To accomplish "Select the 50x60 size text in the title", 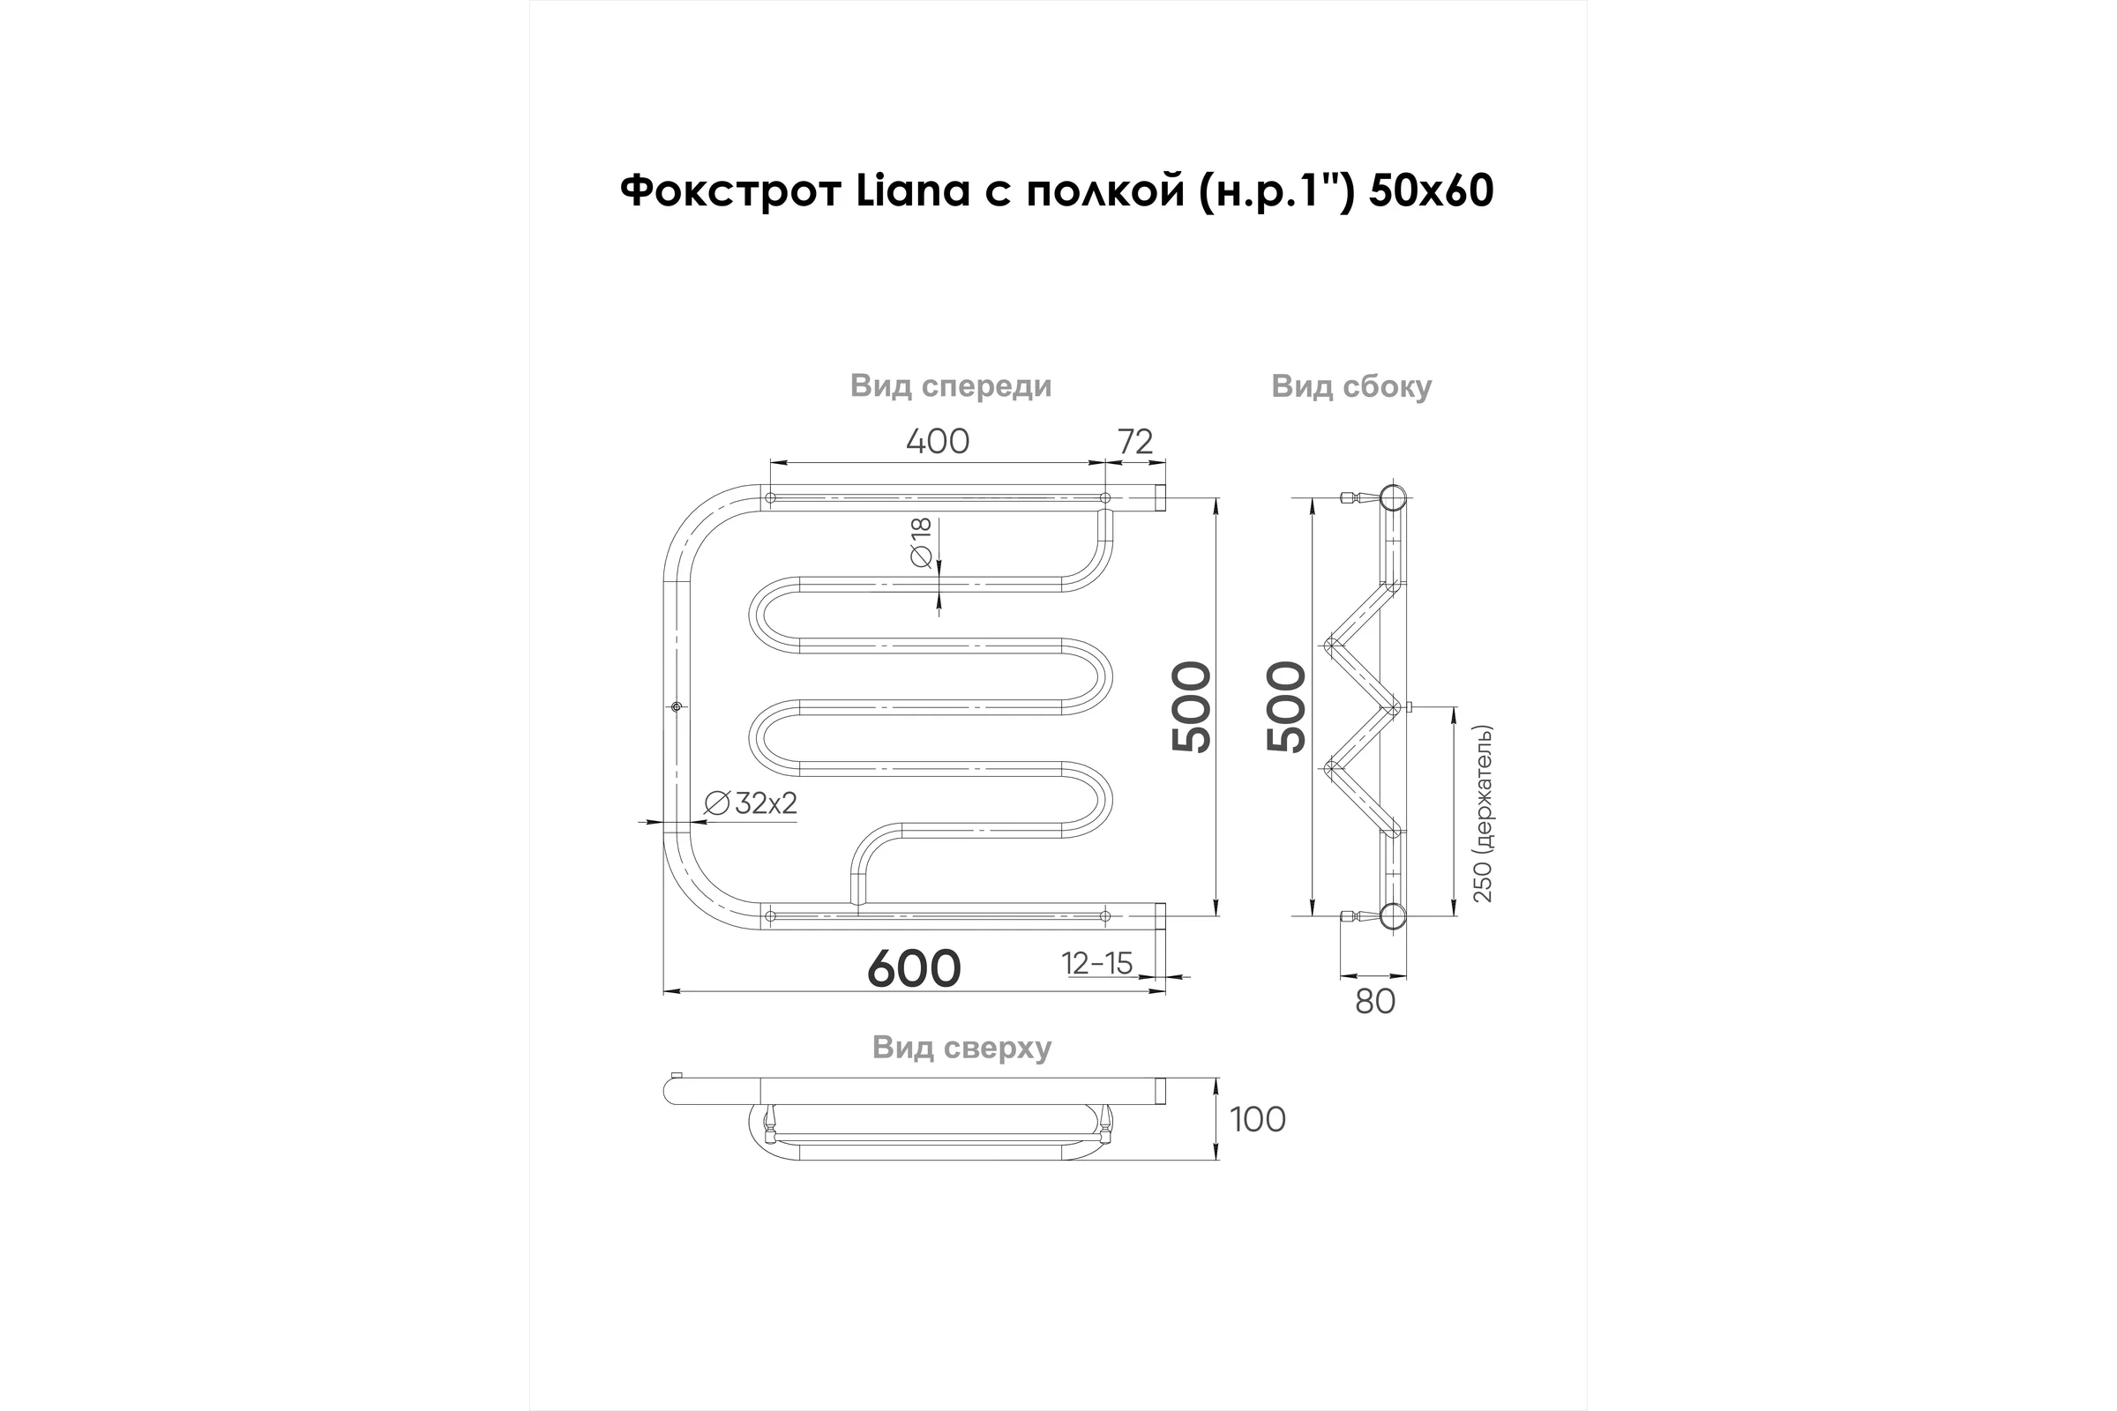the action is click(x=1431, y=190).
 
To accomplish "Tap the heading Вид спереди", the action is click(x=951, y=387).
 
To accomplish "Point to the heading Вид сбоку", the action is click(x=1351, y=387).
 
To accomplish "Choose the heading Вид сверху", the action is click(x=961, y=1049).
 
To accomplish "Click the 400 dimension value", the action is click(x=937, y=442).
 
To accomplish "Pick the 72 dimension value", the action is click(x=1135, y=442).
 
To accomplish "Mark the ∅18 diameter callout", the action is click(x=921, y=542).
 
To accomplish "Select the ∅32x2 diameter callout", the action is click(x=751, y=803).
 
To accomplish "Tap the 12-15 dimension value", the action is click(x=1097, y=964).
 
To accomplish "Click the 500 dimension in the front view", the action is click(x=1193, y=707).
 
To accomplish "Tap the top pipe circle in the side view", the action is click(x=1393, y=497).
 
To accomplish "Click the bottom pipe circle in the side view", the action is click(x=1393, y=916).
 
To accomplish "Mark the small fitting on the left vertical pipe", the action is click(x=677, y=707).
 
